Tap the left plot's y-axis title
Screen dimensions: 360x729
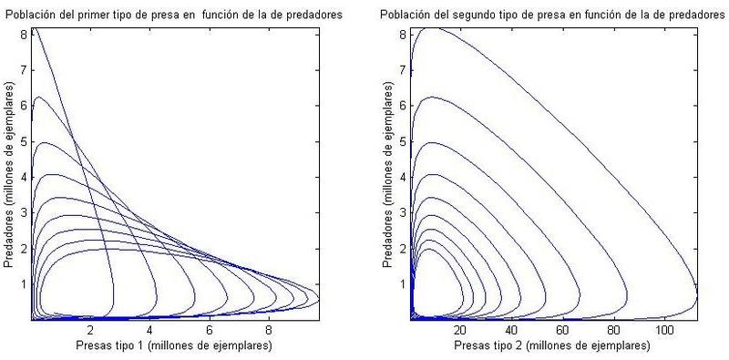click(x=8, y=174)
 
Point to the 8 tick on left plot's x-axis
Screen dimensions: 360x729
click(x=269, y=330)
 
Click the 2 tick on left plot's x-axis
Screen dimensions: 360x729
click(x=90, y=330)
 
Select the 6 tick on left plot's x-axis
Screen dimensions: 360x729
click(x=210, y=330)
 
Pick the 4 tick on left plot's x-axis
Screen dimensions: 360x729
click(x=149, y=330)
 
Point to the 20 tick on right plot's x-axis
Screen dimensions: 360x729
click(x=461, y=330)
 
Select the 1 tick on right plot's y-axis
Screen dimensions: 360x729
click(x=403, y=283)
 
